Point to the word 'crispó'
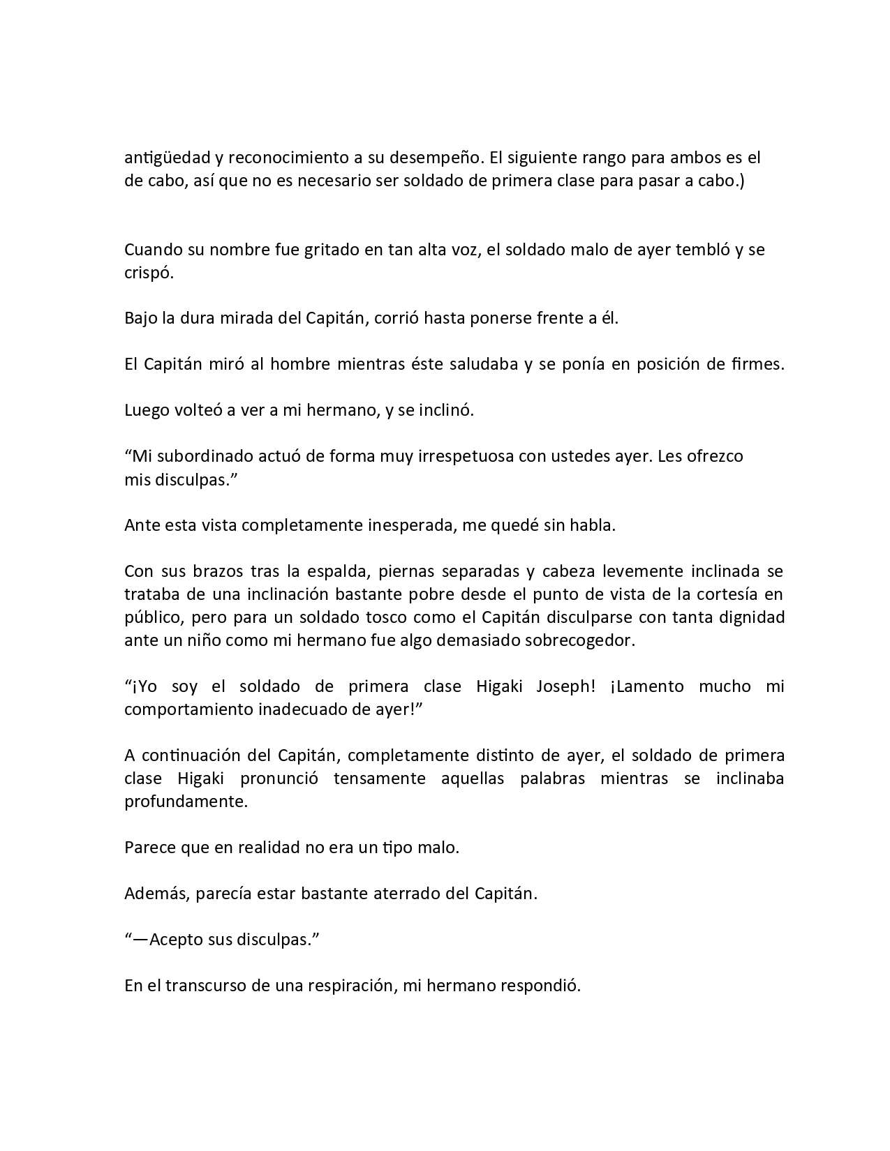148,273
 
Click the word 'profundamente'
186,802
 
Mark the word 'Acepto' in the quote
175,940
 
